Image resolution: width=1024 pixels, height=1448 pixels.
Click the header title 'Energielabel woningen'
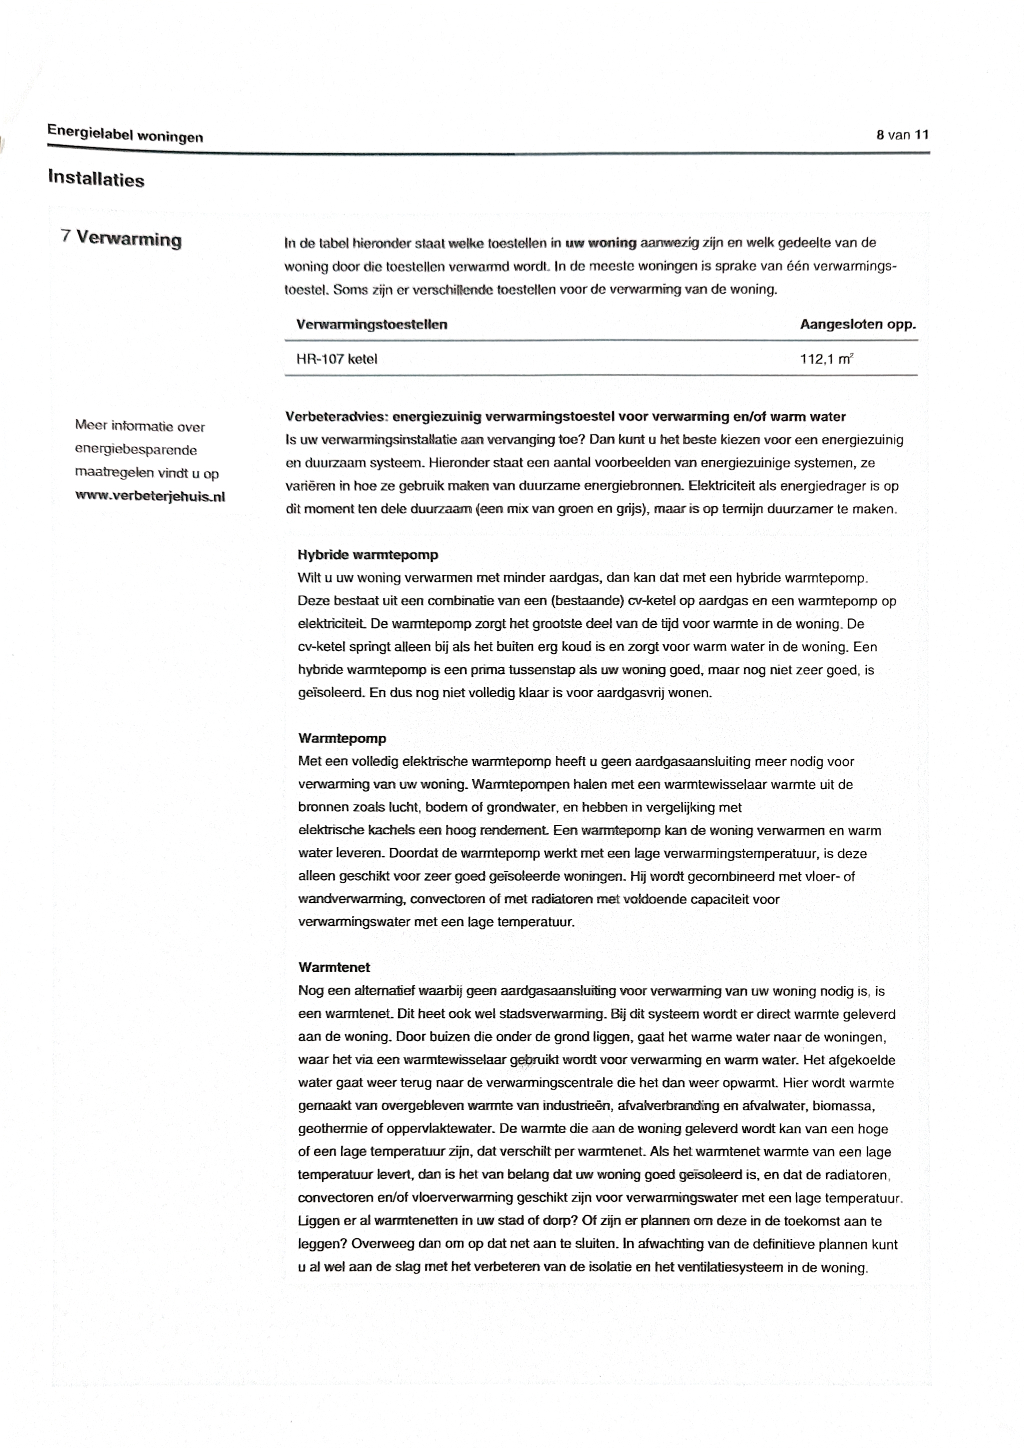click(x=125, y=133)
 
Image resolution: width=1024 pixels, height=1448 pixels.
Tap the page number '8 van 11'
click(x=902, y=134)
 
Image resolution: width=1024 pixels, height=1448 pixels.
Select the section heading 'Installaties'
click(x=96, y=179)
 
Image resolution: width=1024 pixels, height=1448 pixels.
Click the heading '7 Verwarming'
click(x=121, y=239)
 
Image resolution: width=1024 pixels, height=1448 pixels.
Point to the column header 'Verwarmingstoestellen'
click(x=371, y=325)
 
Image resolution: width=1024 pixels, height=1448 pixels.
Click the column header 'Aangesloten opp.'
click(x=857, y=325)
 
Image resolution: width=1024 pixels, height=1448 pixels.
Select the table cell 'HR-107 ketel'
click(x=336, y=359)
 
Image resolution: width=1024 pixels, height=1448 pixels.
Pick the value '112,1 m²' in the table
click(x=826, y=359)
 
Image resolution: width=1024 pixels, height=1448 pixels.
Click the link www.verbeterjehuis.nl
click(x=150, y=496)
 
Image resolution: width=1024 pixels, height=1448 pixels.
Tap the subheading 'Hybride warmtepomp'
click(x=367, y=555)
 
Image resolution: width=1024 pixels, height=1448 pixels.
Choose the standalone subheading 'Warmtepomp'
click(x=342, y=738)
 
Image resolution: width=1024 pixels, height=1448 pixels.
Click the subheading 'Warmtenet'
click(x=334, y=967)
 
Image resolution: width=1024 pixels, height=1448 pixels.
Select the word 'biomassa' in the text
click(x=843, y=1105)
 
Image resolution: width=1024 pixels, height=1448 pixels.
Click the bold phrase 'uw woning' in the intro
click(x=600, y=243)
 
